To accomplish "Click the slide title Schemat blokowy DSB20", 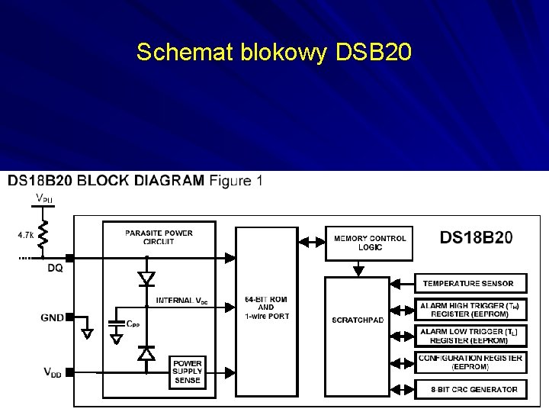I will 274,52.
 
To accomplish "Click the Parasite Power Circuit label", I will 159,237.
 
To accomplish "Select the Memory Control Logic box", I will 371,243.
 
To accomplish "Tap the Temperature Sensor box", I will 468,284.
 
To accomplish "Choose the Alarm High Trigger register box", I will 470,309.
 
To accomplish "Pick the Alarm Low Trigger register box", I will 470,336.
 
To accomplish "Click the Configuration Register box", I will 470,362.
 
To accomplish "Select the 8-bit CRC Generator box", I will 470,389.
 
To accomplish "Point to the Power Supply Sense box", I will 187,372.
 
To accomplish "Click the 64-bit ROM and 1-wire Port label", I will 266,307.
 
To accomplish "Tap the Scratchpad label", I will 358,320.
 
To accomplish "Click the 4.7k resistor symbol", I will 43,235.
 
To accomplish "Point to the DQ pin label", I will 55,269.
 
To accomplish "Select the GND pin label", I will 53,317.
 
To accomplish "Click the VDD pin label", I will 53,372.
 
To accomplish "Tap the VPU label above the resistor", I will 44,199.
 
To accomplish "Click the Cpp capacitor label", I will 133,323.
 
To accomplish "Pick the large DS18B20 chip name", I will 476,237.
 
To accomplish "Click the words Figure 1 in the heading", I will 236,181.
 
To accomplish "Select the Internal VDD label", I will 181,301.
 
